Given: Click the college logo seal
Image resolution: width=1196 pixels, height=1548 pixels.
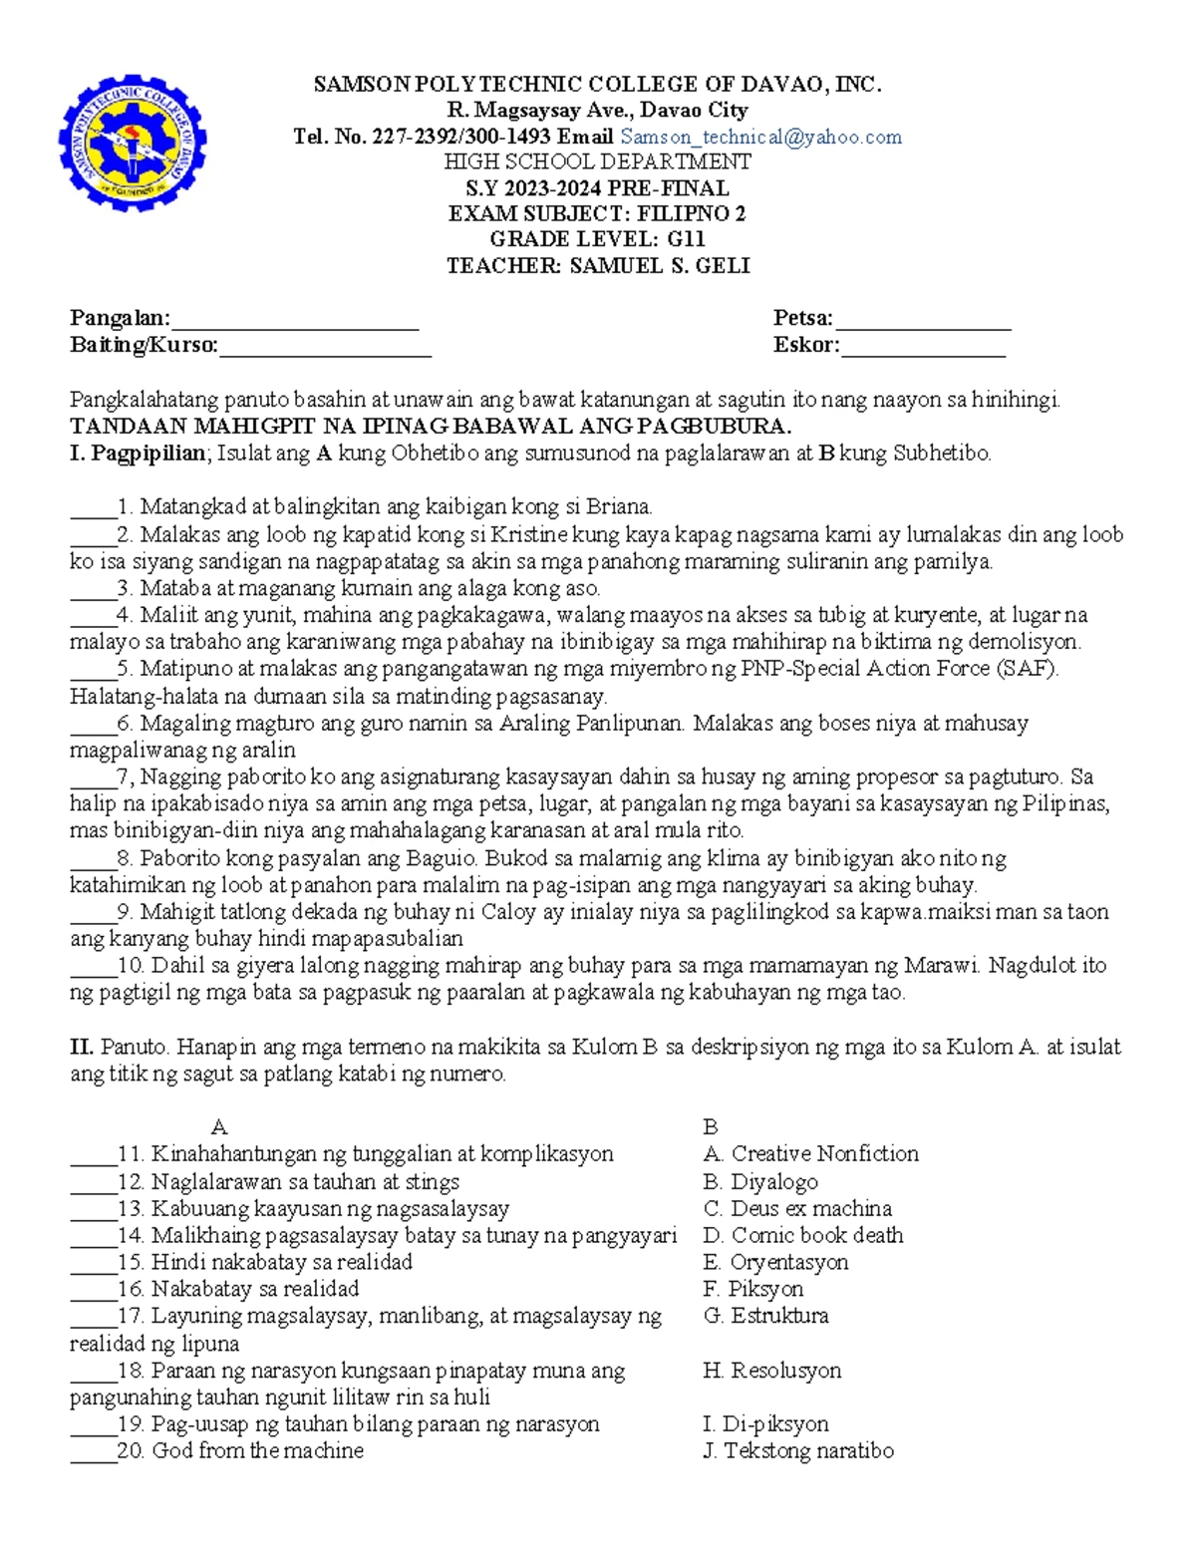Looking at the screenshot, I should (133, 142).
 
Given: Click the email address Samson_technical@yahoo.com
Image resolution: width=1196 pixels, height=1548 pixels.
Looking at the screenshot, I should (760, 137).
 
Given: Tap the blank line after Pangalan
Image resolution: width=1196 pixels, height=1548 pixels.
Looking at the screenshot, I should (294, 321).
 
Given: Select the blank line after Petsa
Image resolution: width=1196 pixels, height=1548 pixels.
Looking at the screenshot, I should (923, 321).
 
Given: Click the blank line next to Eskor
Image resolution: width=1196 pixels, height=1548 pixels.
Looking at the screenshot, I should (923, 348).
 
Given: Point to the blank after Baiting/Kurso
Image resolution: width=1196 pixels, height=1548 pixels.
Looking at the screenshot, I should (325, 348).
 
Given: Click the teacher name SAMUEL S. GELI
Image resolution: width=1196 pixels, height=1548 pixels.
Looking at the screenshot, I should (659, 266).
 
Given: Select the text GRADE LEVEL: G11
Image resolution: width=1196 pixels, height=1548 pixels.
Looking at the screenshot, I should (597, 239).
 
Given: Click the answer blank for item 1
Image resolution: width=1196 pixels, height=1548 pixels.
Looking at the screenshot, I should (93, 508).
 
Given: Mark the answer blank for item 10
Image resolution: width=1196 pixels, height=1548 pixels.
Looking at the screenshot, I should (93, 967).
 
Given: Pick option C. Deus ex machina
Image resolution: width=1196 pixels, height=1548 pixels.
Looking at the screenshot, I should (797, 1208).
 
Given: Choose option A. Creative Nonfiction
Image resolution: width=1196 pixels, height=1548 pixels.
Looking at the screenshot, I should (810, 1154).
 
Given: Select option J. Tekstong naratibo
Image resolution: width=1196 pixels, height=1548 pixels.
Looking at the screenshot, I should (797, 1451).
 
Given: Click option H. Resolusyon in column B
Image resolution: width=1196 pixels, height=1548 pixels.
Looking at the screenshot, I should (771, 1371).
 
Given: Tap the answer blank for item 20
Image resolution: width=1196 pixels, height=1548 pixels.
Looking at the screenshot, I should (93, 1453).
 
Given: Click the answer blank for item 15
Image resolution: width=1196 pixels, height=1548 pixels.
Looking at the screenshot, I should (93, 1264).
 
